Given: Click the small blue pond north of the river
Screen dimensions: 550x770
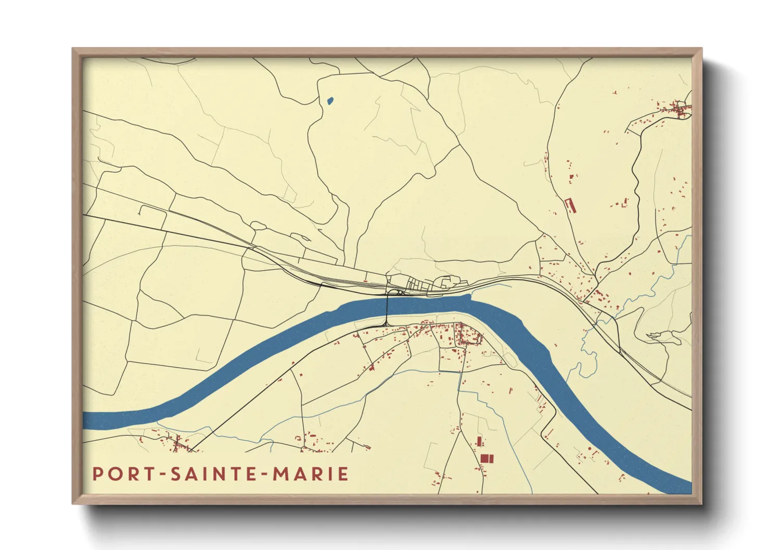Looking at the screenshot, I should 329,101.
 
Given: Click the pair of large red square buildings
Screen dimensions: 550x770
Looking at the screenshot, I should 486,458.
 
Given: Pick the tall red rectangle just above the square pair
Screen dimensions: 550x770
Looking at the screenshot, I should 479,442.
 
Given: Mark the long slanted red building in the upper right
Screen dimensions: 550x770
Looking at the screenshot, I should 570,205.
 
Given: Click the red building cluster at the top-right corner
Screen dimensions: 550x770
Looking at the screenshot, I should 679,109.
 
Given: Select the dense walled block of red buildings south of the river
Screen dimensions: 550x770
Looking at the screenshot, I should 468,335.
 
